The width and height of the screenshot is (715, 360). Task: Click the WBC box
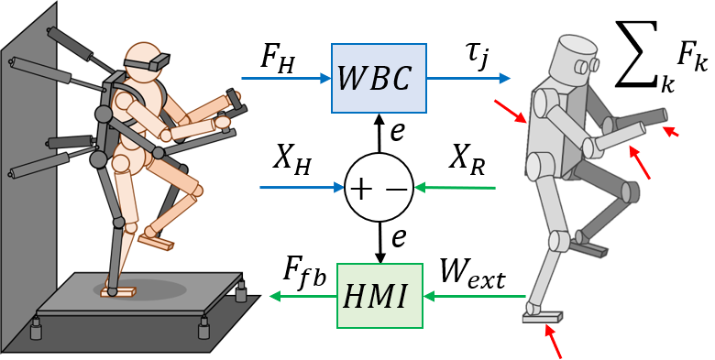pos(379,79)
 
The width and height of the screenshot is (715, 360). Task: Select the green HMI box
pos(379,295)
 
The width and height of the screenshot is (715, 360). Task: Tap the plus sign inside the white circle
pos(362,189)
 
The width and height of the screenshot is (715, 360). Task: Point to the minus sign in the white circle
pos(396,189)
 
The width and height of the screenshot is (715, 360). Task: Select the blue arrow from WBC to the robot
pos(467,79)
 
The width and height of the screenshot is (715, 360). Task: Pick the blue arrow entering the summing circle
pos(302,188)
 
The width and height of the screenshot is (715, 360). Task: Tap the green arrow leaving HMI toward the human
pos(302,296)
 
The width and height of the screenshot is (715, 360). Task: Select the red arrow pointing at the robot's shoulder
pos(510,111)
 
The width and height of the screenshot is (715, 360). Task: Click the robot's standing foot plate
pos(542,316)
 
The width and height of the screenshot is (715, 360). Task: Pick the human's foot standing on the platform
pos(118,292)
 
